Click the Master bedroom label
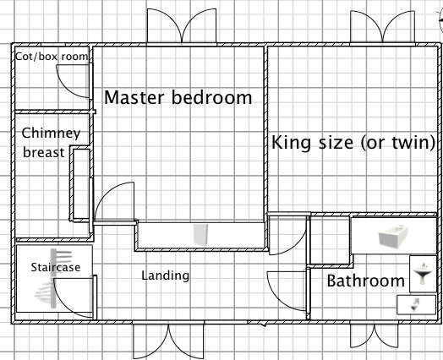point(178,97)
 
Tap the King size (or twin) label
point(353,142)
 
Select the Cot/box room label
point(52,57)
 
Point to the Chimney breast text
point(51,143)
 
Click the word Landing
point(165,275)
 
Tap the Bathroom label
point(365,281)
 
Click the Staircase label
point(56,267)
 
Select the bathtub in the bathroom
point(393,237)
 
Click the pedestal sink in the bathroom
point(423,274)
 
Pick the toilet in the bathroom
point(414,305)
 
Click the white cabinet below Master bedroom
point(201,235)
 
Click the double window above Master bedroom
point(182,26)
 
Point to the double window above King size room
point(382,27)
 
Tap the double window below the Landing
point(168,341)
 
